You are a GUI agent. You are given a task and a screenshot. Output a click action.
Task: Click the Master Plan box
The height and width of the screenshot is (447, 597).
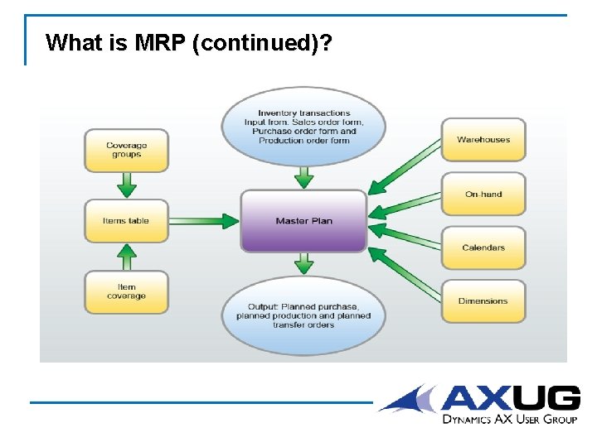303,221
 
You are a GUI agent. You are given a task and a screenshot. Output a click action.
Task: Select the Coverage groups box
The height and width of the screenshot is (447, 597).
126,150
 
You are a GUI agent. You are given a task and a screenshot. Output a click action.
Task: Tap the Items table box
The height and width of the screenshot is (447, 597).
126,221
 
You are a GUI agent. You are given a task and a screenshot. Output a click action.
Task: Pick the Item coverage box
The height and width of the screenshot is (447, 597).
126,292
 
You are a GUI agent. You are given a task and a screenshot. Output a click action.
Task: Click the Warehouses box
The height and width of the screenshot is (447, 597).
483,140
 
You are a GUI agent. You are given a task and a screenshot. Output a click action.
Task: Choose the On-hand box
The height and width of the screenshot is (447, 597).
483,194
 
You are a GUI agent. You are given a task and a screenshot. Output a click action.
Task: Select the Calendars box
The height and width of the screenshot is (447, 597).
483,248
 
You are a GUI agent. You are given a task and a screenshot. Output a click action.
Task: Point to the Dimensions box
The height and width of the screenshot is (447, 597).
483,300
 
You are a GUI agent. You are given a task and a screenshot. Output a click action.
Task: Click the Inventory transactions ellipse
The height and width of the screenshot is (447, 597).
304,127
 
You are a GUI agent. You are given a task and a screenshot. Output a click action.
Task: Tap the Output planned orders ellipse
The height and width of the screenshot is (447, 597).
303,315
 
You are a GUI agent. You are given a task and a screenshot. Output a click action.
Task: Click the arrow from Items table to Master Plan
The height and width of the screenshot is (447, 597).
204,221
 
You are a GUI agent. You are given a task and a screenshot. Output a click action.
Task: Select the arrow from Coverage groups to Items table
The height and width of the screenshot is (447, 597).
126,185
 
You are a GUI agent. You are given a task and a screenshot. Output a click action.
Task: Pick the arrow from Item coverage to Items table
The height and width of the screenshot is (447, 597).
126,257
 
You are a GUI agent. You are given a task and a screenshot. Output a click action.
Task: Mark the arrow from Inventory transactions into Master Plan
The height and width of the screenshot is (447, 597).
304,176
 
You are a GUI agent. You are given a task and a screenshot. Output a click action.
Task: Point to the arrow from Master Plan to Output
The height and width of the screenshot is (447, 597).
304,264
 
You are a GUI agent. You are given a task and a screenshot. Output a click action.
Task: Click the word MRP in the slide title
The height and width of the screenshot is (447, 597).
156,42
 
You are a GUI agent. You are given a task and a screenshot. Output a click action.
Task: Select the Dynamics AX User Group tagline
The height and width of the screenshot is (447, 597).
509,420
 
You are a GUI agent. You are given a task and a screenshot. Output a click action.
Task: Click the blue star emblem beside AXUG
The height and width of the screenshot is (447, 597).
408,398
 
